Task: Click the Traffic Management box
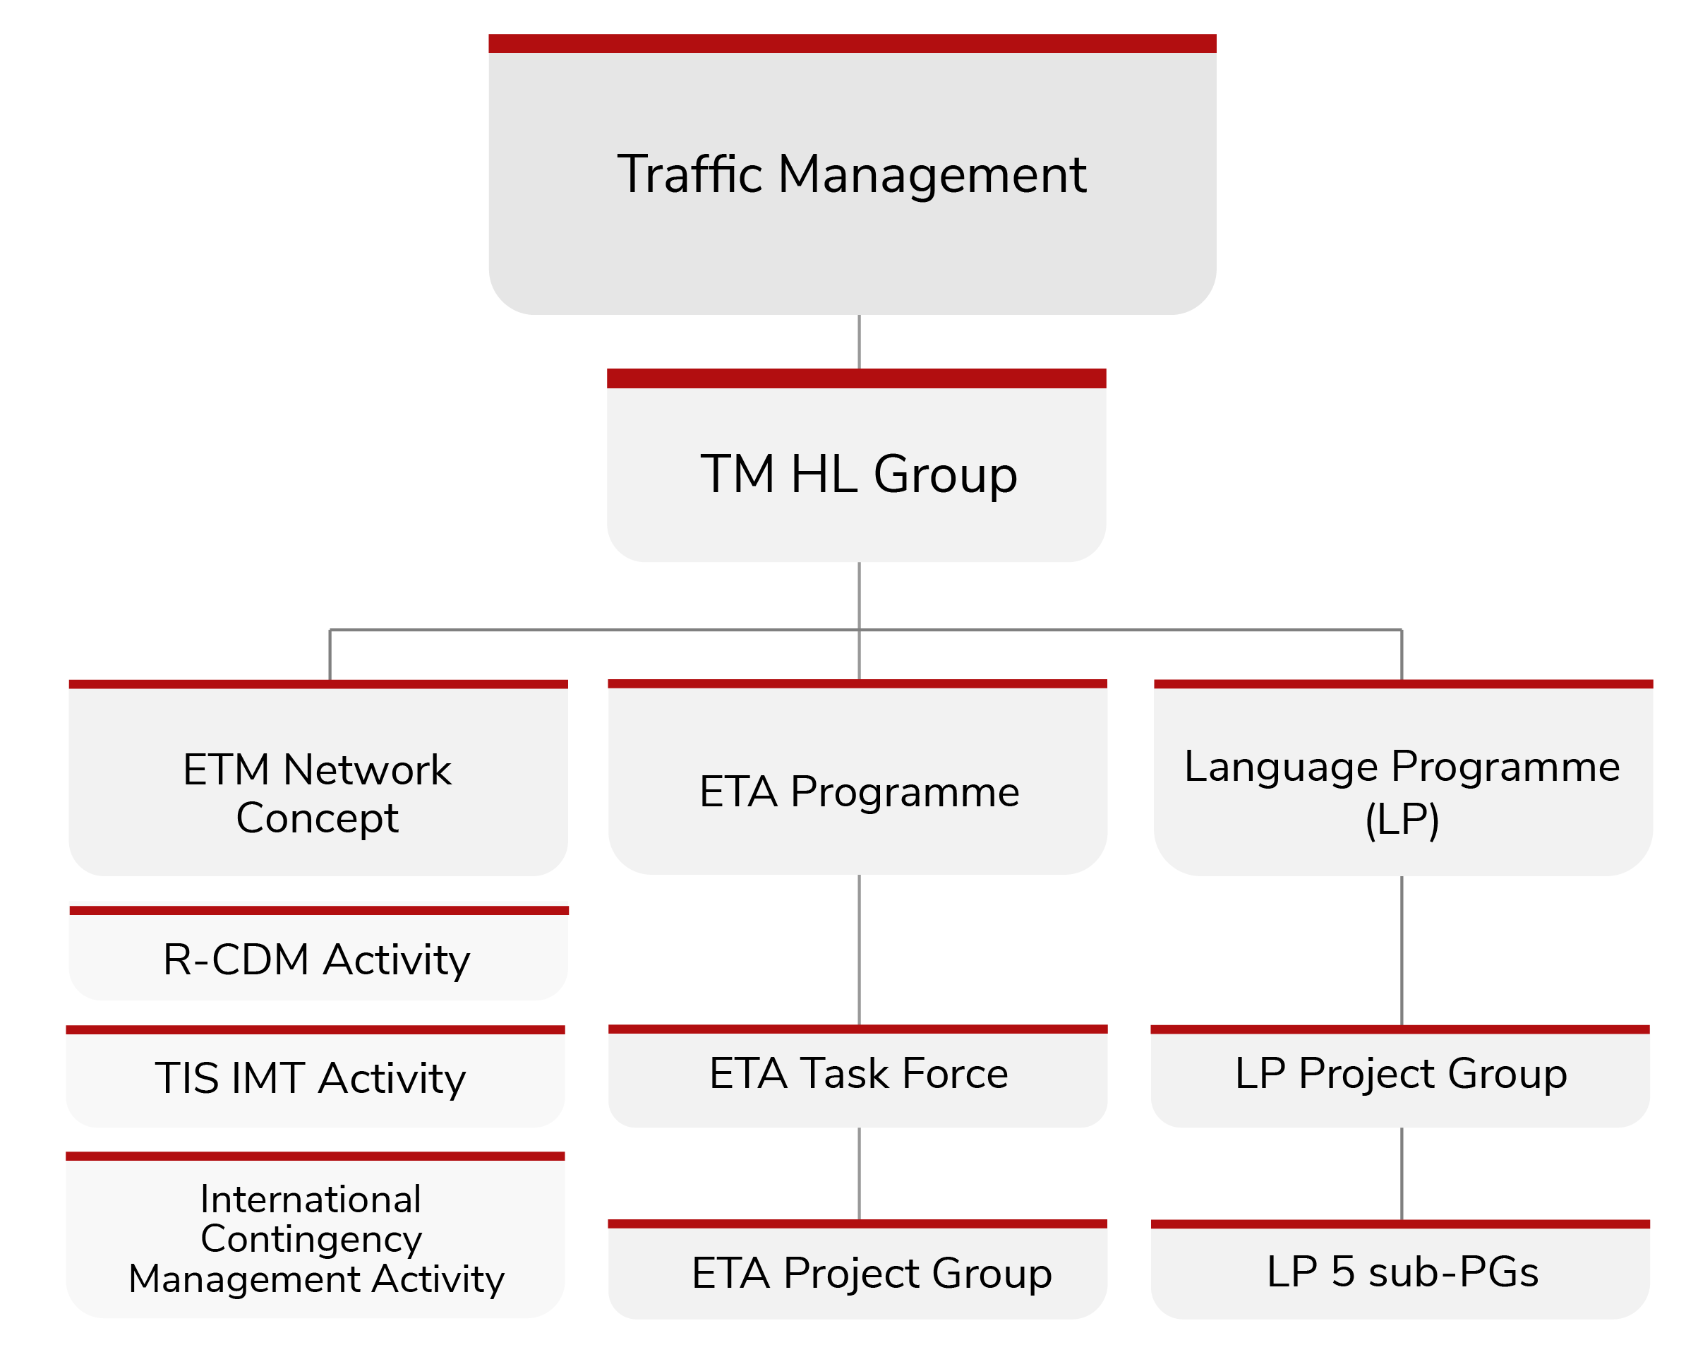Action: pyautogui.click(x=853, y=174)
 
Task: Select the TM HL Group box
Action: pyautogui.click(x=856, y=465)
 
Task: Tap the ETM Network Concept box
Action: pyautogui.click(x=318, y=778)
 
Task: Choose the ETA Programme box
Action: pyautogui.click(x=858, y=777)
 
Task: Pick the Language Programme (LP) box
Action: pyautogui.click(x=1404, y=778)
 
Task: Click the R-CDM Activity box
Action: pyautogui.click(x=319, y=952)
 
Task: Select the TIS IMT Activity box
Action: pyautogui.click(x=315, y=1076)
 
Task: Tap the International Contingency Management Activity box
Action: pyautogui.click(x=315, y=1235)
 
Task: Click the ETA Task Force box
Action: pyautogui.click(x=858, y=1076)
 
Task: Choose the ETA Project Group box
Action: pyautogui.click(x=858, y=1269)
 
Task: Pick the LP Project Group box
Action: pyautogui.click(x=1401, y=1076)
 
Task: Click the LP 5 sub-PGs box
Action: pyautogui.click(x=1401, y=1269)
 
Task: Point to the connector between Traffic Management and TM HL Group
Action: pyautogui.click(x=860, y=342)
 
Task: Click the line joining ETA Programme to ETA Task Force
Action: pyautogui.click(x=860, y=950)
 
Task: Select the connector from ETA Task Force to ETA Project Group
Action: pyautogui.click(x=860, y=1173)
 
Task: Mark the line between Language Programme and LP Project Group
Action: pyautogui.click(x=1402, y=950)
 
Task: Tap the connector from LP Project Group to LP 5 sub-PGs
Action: pyautogui.click(x=1402, y=1173)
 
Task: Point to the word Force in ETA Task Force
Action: pyautogui.click(x=956, y=1073)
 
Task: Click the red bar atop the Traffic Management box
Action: pyautogui.click(x=853, y=43)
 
